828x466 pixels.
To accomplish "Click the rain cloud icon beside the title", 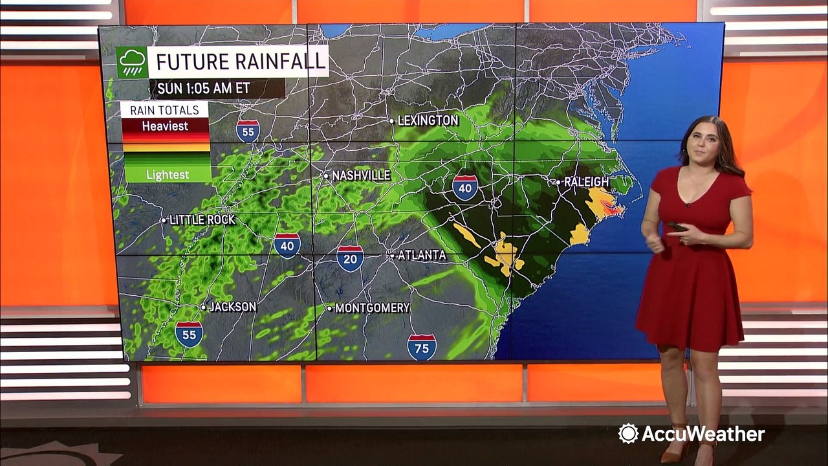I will (132, 62).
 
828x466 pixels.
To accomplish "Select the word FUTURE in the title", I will (188, 62).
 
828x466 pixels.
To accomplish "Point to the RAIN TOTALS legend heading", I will (164, 109).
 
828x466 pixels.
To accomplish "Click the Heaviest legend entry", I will (165, 126).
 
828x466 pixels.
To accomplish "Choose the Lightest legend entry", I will (167, 174).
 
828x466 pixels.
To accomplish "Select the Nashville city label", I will (360, 175).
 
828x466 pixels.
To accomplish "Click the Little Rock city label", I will (201, 220).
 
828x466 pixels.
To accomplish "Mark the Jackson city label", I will (232, 307).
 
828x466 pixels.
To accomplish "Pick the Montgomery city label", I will (371, 308).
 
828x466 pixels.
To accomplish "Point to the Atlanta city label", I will (420, 255).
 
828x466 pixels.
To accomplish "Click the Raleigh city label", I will (585, 182).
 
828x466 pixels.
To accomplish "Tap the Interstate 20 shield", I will (350, 258).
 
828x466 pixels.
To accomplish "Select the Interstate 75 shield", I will (422, 347).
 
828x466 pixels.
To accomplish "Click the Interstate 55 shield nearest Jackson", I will (189, 334).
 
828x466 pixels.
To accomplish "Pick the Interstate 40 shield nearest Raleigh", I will (465, 187).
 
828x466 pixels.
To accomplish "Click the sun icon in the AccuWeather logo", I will (627, 434).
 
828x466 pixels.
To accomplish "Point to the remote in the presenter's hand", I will (676, 227).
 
